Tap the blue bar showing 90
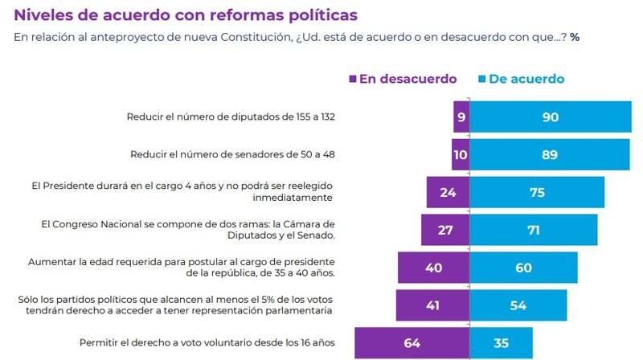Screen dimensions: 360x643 tap(550, 117)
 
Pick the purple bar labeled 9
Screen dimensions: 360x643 tap(461, 117)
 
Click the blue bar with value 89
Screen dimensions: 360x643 tap(549, 154)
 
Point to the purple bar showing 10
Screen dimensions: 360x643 tap(460, 154)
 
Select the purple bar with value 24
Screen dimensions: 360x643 tap(448, 192)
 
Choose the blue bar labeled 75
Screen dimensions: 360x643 tap(536, 192)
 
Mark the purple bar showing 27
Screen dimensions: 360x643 tap(445, 230)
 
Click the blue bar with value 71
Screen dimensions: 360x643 tap(533, 230)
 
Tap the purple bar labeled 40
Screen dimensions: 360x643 tap(433, 268)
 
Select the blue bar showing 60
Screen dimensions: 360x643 tap(523, 268)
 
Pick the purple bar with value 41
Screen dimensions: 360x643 tap(432, 305)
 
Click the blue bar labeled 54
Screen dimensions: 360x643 tap(518, 305)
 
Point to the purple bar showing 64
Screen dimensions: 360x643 tap(412, 343)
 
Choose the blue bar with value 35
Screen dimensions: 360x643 tap(501, 343)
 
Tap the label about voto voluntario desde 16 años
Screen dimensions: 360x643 tap(207, 343)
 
